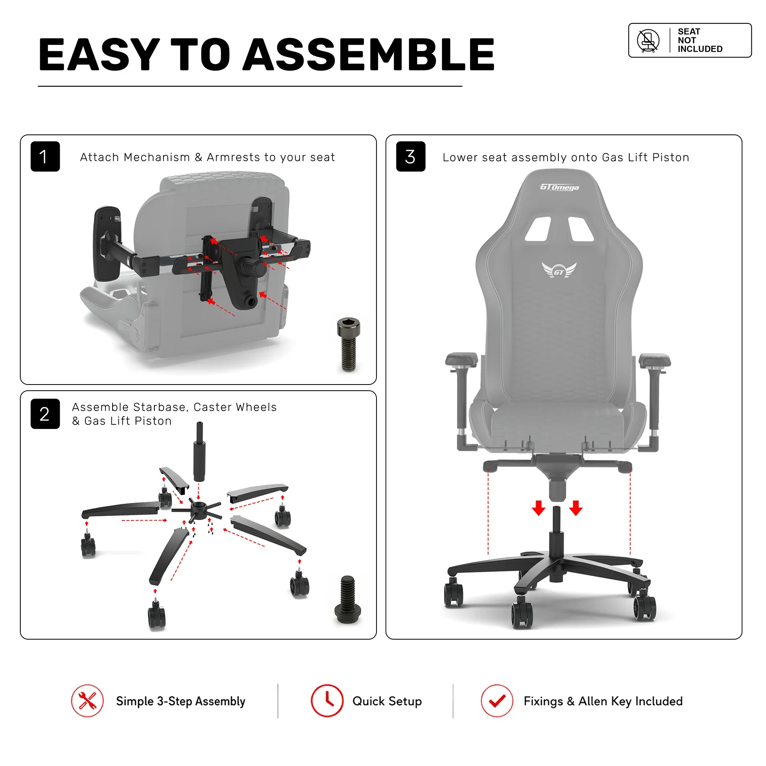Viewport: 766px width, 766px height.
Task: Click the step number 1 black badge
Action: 45,156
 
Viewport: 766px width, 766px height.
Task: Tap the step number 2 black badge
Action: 45,414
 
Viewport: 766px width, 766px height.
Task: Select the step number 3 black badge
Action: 411,156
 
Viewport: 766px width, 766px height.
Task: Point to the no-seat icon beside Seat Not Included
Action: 648,41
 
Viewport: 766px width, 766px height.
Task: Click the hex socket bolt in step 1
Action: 349,344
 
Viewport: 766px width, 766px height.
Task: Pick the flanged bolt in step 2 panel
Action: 348,599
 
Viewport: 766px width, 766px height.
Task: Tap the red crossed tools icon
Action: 88,701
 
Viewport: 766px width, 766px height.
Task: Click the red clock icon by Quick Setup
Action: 327,701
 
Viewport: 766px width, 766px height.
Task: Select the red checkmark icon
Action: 497,701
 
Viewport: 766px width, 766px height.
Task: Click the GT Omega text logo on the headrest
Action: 560,187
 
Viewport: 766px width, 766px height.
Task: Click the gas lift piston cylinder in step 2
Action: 199,452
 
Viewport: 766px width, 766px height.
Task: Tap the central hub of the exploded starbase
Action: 198,507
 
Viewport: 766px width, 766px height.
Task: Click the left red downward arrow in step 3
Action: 538,508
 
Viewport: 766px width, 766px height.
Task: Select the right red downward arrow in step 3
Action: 576,508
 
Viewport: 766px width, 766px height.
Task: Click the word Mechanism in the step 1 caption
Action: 157,157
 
